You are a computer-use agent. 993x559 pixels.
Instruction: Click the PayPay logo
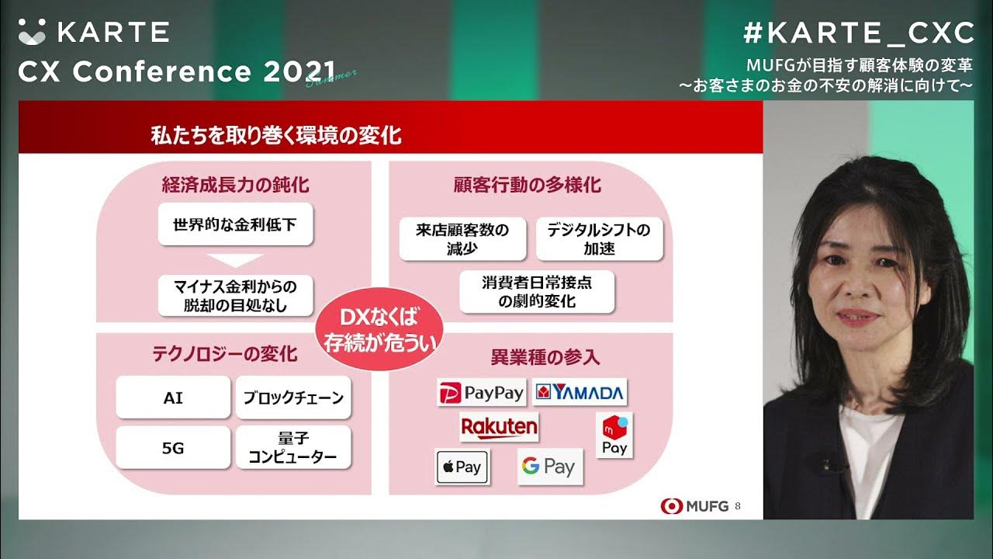point(481,393)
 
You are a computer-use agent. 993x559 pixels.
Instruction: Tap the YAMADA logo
point(580,392)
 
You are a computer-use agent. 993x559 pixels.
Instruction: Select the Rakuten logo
point(499,427)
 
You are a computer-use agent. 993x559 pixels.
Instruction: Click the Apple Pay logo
point(462,467)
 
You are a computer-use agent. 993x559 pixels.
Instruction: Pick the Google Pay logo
point(549,467)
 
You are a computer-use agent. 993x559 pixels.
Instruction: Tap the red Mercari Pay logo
point(614,435)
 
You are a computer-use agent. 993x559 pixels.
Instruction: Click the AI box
point(173,397)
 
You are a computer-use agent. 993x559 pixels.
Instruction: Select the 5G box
point(173,447)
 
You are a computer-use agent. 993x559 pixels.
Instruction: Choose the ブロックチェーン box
point(293,397)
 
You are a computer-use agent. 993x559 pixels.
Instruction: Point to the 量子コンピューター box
point(293,447)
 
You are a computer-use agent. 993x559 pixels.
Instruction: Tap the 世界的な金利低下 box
point(235,224)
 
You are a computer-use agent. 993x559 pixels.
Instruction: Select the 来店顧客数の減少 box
point(462,238)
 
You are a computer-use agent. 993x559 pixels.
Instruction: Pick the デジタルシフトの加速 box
point(599,238)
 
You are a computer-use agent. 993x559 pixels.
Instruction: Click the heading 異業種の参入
point(545,358)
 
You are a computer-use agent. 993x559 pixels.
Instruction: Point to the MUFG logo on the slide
point(695,506)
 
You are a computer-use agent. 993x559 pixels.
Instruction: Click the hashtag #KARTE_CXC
point(858,33)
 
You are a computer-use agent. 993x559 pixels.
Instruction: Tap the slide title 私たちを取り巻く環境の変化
point(276,136)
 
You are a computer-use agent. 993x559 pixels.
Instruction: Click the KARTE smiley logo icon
point(33,32)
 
